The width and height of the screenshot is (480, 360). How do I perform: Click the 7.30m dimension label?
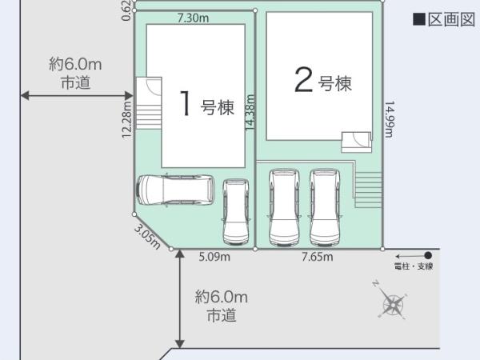point(193,18)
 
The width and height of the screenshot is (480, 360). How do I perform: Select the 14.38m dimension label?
point(250,112)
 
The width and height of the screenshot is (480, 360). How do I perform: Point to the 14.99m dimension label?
point(389,119)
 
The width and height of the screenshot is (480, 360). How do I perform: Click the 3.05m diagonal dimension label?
point(147,237)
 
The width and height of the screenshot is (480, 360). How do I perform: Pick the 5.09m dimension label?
point(214,257)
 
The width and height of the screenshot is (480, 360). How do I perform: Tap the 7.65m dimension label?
point(317,257)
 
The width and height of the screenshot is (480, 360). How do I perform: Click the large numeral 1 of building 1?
point(186,103)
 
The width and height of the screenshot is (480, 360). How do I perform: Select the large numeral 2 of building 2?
point(303,79)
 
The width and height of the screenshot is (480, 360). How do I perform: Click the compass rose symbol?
point(393,304)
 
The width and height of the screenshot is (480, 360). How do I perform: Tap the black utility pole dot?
point(428,255)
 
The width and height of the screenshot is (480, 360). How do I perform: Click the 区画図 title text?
point(451,19)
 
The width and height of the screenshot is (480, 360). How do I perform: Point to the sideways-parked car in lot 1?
point(175,190)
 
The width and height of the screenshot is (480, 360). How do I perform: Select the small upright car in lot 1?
point(236,212)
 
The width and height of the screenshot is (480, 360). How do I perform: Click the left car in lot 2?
point(284,207)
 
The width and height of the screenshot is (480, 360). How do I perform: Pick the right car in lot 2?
point(325,207)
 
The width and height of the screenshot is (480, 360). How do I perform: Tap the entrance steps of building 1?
point(149,103)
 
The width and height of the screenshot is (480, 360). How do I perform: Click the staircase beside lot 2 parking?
point(368,190)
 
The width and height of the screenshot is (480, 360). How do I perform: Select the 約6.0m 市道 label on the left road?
point(75,74)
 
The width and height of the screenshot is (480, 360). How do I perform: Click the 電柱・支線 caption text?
point(414,266)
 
